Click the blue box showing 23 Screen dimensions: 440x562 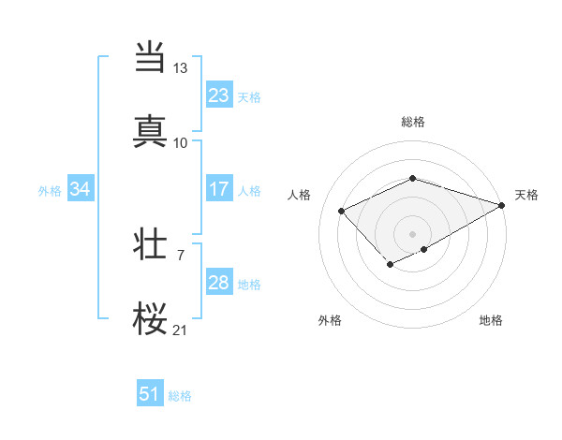coord(218,95)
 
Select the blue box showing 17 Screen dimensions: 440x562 coord(218,189)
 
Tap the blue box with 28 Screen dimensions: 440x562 coord(218,283)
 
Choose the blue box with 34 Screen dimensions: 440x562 coord(81,189)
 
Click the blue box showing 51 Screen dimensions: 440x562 coord(150,394)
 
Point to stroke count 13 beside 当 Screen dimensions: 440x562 coord(181,68)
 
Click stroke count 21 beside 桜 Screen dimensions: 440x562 coord(181,330)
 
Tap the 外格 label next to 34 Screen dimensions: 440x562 coord(50,190)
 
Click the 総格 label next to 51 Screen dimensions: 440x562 coord(180,396)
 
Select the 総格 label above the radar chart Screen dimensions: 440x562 coord(413,122)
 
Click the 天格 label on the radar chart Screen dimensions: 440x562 coord(526,195)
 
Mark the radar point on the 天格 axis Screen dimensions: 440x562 coord(503,205)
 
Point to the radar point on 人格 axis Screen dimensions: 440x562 coord(342,211)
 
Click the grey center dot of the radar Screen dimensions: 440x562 coord(413,233)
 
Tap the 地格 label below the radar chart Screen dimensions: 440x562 coord(491,320)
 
